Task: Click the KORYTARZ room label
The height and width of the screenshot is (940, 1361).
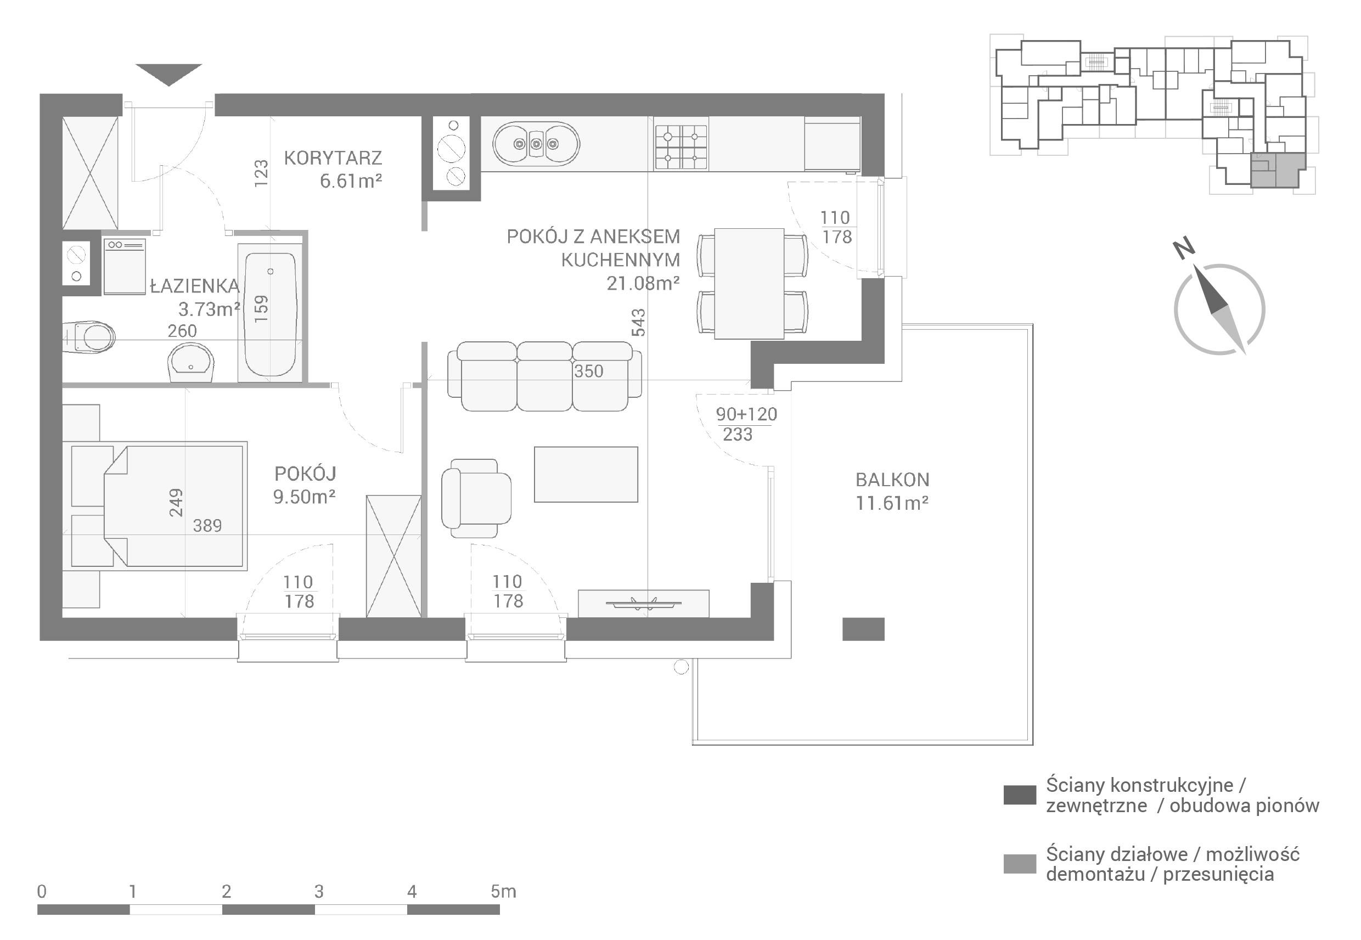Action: (333, 158)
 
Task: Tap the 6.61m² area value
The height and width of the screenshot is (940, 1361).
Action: (351, 181)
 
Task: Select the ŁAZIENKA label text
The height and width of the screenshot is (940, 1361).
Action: (195, 286)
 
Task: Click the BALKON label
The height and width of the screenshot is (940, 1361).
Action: (892, 480)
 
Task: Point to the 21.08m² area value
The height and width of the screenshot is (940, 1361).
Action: (643, 283)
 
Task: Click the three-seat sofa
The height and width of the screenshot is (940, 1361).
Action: (544, 376)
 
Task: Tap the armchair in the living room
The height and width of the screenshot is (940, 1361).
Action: (476, 498)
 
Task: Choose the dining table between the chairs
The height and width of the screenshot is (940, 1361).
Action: (749, 283)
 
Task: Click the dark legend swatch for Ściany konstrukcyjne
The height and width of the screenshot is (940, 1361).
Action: (1020, 795)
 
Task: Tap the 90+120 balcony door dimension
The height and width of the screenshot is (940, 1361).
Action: (746, 414)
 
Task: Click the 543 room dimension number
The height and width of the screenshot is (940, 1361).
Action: (638, 322)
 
